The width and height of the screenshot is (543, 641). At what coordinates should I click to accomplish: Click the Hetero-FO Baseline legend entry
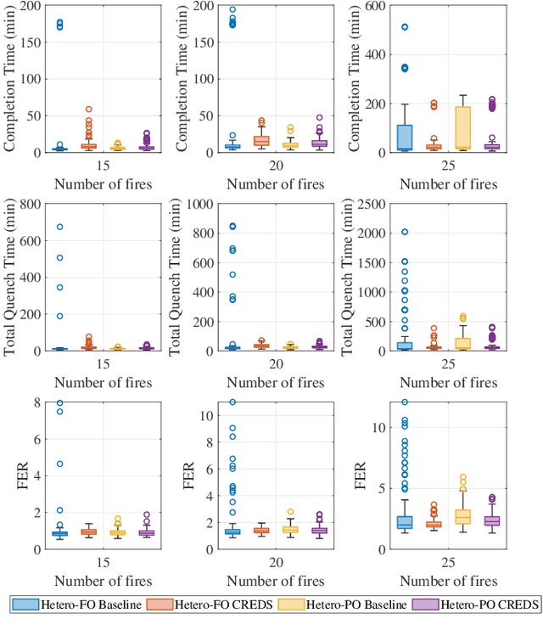click(x=81, y=604)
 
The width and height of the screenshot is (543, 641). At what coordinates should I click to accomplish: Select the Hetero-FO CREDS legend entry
click(x=214, y=604)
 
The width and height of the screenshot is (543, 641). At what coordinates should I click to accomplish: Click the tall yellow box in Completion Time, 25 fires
click(x=463, y=127)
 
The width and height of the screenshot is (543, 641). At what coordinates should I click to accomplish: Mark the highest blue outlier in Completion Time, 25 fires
click(x=405, y=27)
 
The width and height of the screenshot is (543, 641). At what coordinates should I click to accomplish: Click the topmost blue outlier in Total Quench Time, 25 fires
click(x=405, y=232)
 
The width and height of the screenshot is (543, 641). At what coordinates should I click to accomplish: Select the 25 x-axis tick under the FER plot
click(x=449, y=563)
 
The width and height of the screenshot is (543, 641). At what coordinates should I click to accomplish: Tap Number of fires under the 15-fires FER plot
click(x=104, y=581)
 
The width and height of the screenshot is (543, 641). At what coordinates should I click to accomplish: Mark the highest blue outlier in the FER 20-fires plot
click(x=233, y=402)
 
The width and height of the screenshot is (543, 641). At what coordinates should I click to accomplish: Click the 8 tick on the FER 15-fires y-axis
click(x=36, y=402)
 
